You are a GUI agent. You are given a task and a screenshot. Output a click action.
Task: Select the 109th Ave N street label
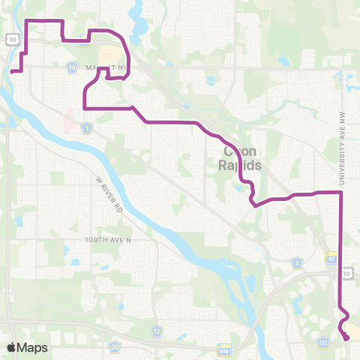coord(108,240)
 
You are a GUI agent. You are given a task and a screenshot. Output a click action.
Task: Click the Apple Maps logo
coord(27,347)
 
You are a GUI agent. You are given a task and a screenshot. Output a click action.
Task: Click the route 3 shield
coord(298,262)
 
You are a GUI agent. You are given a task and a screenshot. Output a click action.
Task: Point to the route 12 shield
coord(157,330)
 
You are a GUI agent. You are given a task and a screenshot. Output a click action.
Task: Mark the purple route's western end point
coord(13,72)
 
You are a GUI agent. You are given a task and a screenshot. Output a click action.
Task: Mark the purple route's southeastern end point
coord(348,339)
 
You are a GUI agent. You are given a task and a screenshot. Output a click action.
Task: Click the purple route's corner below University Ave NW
coord(341,193)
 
